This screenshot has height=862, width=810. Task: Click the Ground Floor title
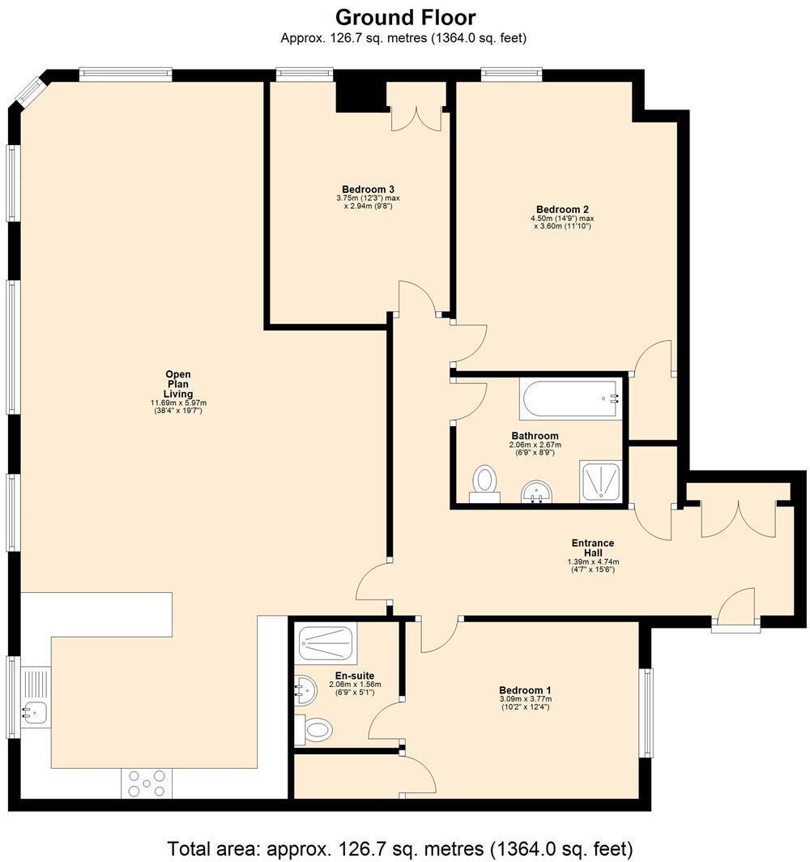coord(405,16)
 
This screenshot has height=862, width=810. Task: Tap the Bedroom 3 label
coord(368,189)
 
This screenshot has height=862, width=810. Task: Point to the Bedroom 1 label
coord(525,690)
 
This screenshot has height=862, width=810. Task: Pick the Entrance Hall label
coord(593,548)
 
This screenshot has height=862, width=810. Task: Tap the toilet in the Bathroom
coord(484,483)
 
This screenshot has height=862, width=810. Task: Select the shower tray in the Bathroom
coord(601,482)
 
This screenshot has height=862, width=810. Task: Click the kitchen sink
coord(34,711)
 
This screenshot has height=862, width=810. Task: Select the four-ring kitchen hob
coord(147,783)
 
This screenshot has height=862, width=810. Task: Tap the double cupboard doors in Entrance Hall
coord(738,518)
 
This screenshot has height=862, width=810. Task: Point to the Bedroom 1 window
coord(646,713)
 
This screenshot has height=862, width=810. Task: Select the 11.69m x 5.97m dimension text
coord(178,403)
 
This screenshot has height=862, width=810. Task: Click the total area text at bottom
coord(399,848)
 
